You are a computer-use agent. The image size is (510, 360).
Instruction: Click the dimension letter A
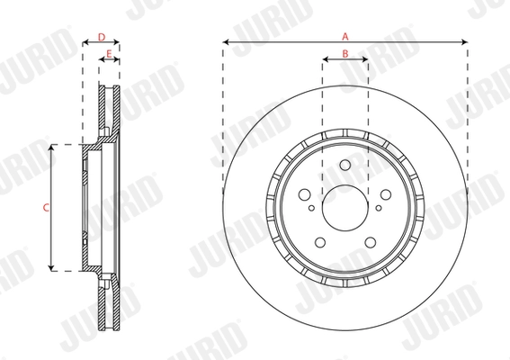tap(344, 35)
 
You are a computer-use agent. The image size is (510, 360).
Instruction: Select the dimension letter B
tap(344, 56)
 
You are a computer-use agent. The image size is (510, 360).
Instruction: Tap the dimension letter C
tap(45, 207)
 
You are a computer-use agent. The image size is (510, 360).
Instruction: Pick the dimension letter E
tap(109, 56)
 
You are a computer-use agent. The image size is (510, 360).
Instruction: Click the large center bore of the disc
tap(344, 208)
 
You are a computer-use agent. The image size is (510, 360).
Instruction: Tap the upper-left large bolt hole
tap(305, 195)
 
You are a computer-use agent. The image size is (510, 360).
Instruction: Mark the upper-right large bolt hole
tap(385, 195)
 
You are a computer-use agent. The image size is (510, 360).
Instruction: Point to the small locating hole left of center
tap(311, 208)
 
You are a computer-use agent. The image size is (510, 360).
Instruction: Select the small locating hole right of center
tap(379, 208)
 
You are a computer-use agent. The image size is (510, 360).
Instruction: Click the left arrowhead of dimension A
tap(226, 42)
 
